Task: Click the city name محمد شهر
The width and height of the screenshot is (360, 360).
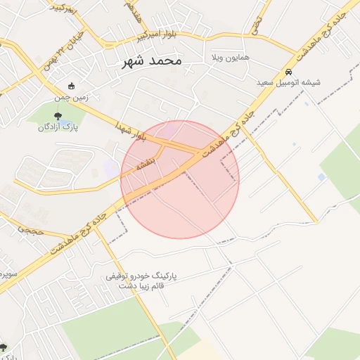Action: click(x=152, y=61)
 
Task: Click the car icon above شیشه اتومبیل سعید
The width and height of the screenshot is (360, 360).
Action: click(x=289, y=72)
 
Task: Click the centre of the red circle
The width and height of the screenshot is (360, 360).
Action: click(x=180, y=179)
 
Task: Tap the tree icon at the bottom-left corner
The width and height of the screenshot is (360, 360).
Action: click(x=3, y=347)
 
